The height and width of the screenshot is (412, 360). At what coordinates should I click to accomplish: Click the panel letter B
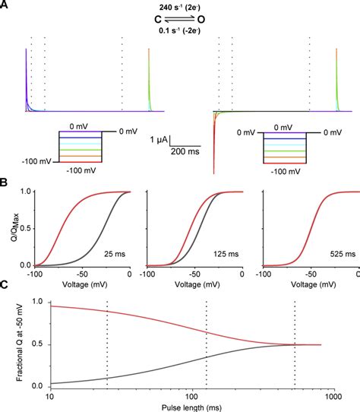tap(5, 183)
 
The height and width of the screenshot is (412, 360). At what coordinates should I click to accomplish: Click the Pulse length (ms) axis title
tap(182, 405)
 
